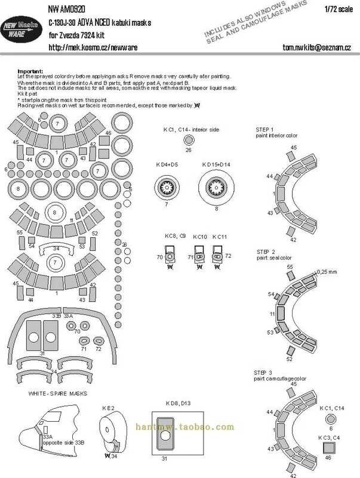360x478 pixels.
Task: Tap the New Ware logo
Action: [x=21, y=30]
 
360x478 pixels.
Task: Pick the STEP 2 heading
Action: [x=265, y=252]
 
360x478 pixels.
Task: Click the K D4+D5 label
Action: [x=165, y=164]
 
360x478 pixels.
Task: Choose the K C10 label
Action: [x=200, y=237]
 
